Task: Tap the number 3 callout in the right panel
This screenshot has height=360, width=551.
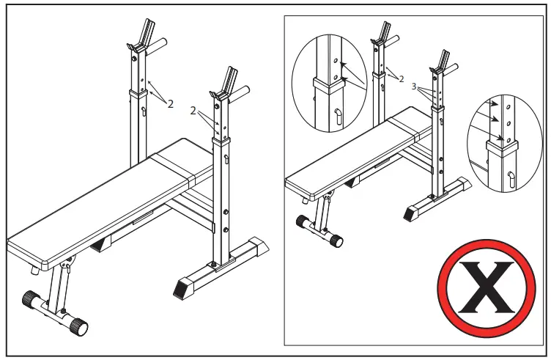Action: [x=415, y=86]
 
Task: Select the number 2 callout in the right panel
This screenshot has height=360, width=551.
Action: [x=402, y=78]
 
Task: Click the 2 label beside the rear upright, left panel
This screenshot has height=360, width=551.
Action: [x=170, y=103]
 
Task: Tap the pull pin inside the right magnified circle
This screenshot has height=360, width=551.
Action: [x=511, y=176]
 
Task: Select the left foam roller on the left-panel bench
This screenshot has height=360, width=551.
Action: [x=30, y=301]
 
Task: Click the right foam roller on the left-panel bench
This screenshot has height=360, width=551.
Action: [x=77, y=326]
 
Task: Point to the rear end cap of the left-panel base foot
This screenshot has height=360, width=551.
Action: [x=259, y=244]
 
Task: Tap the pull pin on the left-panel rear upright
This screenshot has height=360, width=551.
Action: [x=144, y=111]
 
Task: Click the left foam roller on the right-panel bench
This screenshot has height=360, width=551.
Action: [x=300, y=221]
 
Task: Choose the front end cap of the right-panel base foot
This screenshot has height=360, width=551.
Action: [x=411, y=213]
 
